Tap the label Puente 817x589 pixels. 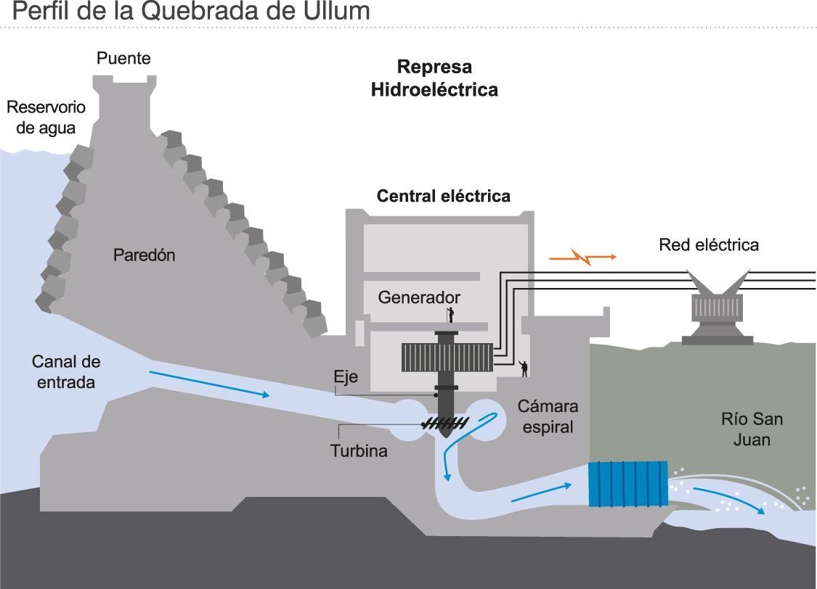(124, 59)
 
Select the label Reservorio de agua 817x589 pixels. (46, 118)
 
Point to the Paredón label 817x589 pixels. (145, 255)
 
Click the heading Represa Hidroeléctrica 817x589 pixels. (434, 78)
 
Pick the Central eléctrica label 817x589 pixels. (443, 197)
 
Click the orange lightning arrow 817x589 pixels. (583, 257)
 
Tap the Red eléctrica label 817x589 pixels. (709, 245)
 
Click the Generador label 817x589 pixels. (419, 298)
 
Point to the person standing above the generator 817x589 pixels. (451, 314)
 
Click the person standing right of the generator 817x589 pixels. (524, 368)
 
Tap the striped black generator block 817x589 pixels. (447, 358)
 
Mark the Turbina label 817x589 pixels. (359, 450)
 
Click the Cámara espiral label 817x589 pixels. (548, 416)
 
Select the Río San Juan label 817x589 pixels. (752, 429)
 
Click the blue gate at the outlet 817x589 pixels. (627, 483)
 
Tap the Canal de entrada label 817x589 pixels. (66, 371)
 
